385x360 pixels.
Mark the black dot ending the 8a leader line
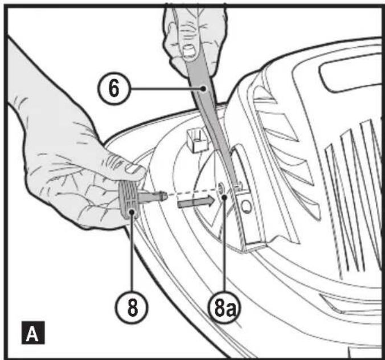[x=227, y=197]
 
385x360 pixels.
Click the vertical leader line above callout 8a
[x=227, y=251]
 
